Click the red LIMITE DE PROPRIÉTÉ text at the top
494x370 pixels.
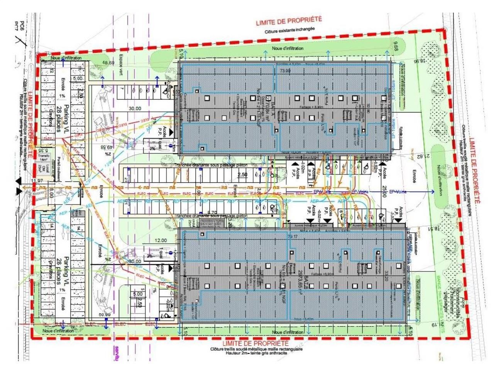[289, 20]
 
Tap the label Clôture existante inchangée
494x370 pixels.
[289, 29]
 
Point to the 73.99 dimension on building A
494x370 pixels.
[285, 71]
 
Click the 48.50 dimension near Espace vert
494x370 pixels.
[108, 63]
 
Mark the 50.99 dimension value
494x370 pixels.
[105, 315]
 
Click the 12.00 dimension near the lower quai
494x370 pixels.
[161, 240]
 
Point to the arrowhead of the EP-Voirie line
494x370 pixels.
[435, 192]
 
